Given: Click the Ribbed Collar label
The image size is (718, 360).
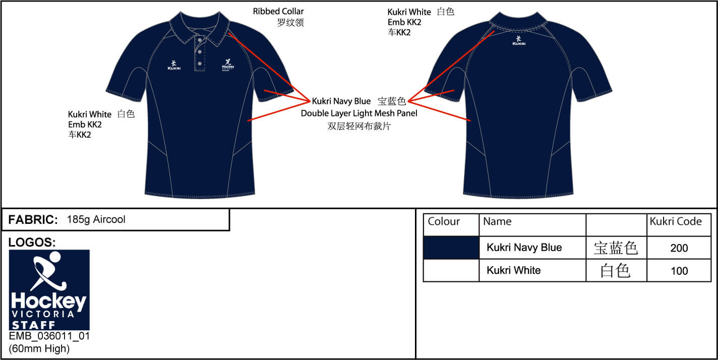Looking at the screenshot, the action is click(x=278, y=12).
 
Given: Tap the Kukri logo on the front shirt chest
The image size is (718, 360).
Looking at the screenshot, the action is click(x=174, y=65).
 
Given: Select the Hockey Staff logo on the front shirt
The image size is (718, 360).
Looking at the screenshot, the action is click(x=228, y=65).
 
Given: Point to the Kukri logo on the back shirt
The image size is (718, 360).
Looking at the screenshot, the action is click(x=519, y=41).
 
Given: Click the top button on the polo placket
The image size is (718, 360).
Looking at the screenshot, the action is click(x=200, y=40).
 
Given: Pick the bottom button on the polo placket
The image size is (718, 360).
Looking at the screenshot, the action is click(x=200, y=64).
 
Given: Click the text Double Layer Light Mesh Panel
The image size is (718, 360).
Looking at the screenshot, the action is click(x=359, y=113).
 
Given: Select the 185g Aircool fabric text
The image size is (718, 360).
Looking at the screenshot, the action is click(x=96, y=220).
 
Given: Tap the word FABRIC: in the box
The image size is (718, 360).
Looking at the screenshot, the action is click(x=33, y=220).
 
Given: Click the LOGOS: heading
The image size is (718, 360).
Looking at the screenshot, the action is click(x=32, y=243).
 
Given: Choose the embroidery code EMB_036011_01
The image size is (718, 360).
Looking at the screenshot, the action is click(x=49, y=336).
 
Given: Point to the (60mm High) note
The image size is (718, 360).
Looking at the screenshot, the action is click(x=39, y=348).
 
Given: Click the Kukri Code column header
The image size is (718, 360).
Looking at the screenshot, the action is click(x=676, y=221).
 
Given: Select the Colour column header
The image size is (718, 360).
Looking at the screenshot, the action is click(x=444, y=221).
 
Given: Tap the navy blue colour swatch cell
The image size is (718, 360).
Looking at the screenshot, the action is click(x=451, y=248).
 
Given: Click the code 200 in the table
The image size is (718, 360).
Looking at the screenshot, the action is click(x=679, y=248).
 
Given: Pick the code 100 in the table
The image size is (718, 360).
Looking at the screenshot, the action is click(x=679, y=271).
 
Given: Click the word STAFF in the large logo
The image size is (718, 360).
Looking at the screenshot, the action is click(x=33, y=325).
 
